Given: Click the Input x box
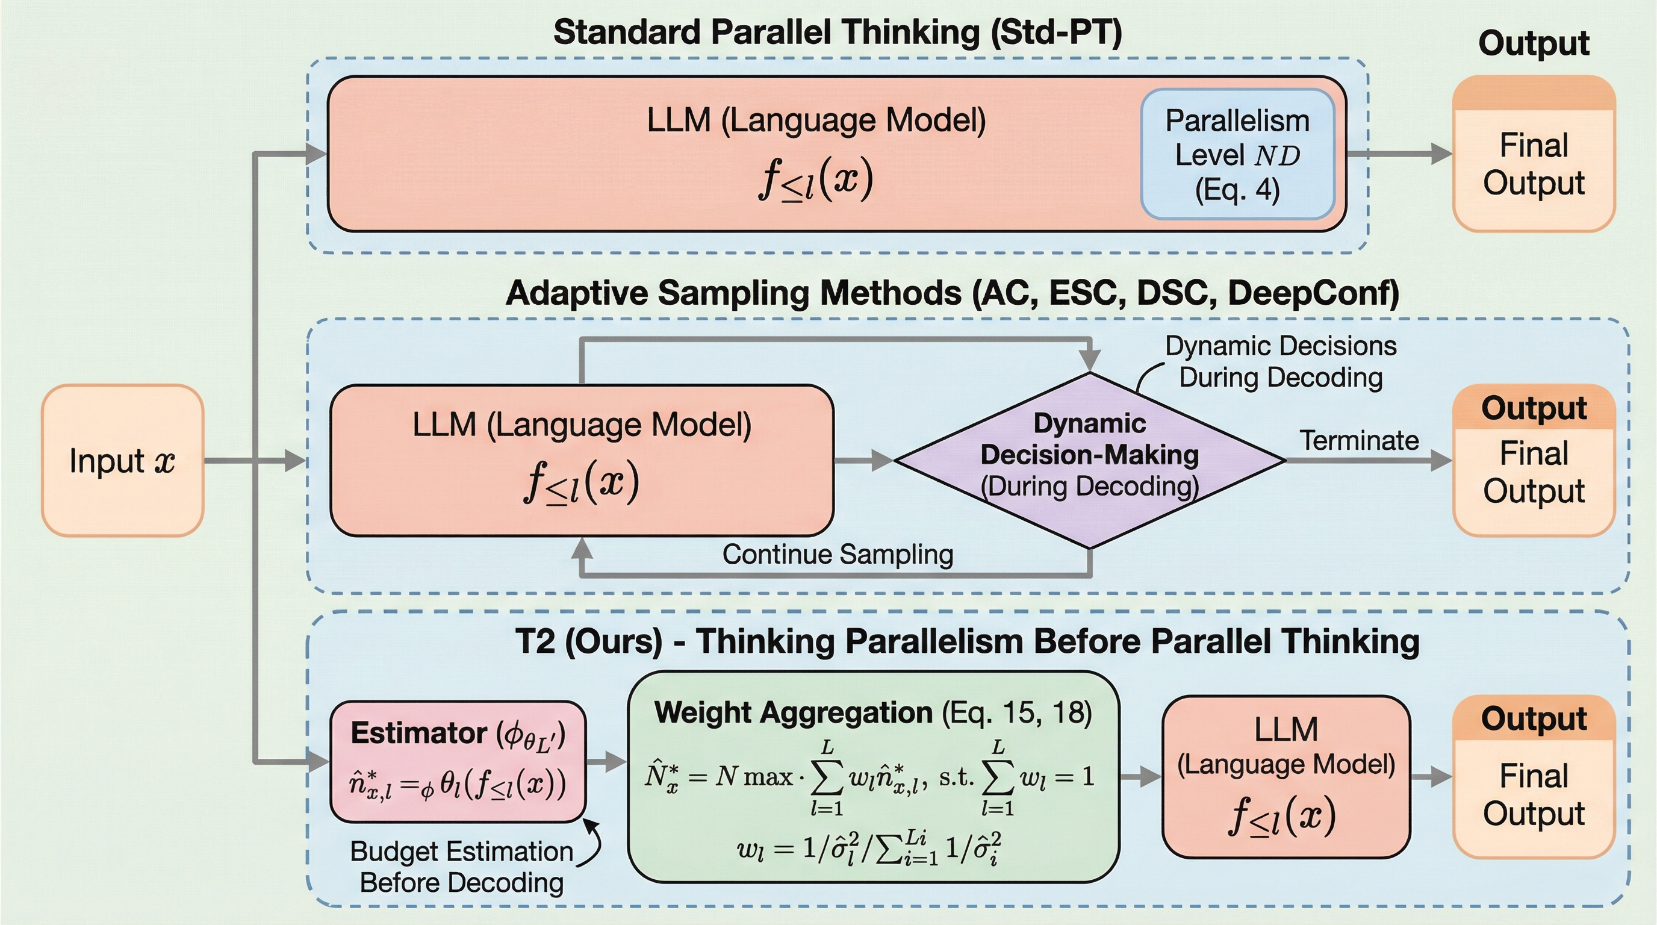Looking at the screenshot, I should click(x=122, y=461).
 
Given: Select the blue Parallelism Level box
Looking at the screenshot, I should click(x=1237, y=154).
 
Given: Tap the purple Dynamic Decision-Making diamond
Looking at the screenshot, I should click(x=1089, y=461).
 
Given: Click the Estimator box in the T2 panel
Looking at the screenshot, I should click(x=458, y=762).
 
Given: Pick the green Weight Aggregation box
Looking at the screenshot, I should click(x=873, y=776).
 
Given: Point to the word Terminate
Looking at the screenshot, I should click(x=1358, y=441).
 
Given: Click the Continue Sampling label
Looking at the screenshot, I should click(x=837, y=554).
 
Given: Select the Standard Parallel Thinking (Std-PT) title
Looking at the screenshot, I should click(x=837, y=32).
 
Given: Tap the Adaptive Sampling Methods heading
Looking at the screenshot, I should click(x=952, y=293).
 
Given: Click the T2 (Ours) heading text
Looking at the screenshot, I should click(x=967, y=642).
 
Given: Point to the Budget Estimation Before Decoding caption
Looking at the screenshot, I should click(x=461, y=867).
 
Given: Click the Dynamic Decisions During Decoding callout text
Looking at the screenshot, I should click(x=1280, y=361).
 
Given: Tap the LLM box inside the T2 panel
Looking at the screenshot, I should click(x=1285, y=776).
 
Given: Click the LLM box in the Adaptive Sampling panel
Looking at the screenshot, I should click(x=582, y=461).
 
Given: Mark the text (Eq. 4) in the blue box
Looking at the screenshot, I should click(x=1236, y=190).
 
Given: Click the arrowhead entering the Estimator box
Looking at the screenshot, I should click(x=320, y=762).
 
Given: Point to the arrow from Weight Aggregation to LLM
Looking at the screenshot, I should click(x=1141, y=776).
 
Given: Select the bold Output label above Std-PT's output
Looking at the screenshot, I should click(x=1534, y=44).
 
